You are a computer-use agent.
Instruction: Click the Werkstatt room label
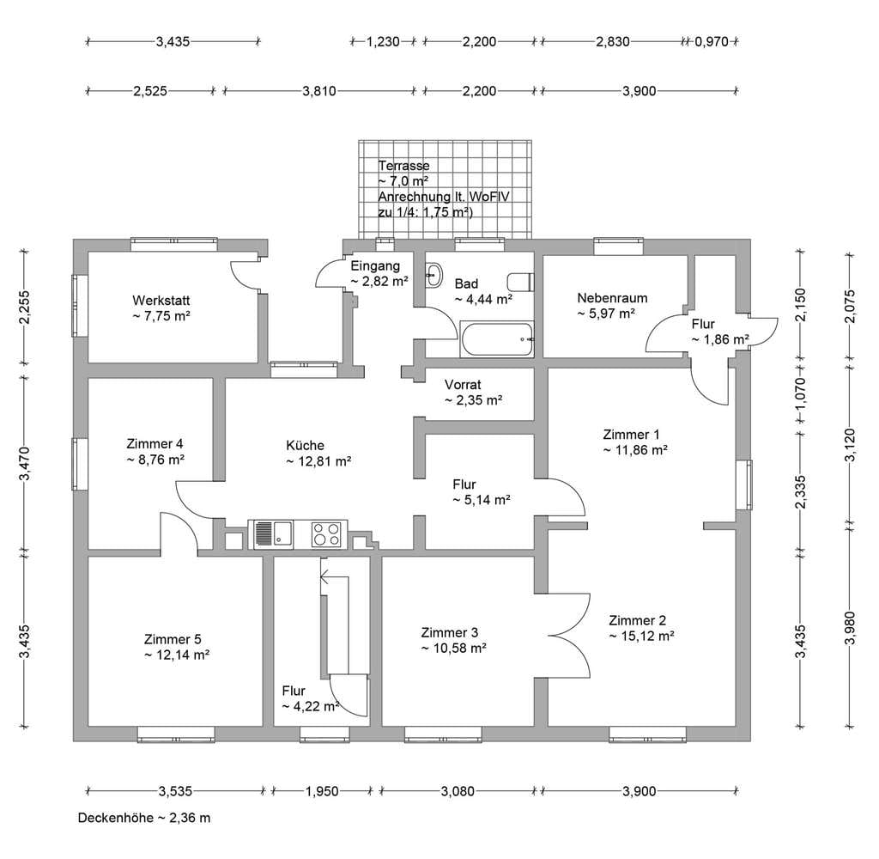pyautogui.click(x=161, y=300)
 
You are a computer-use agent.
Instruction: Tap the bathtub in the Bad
pyautogui.click(x=497, y=339)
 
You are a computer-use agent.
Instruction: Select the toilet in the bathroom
pyautogui.click(x=521, y=282)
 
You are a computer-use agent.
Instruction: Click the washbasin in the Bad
pyautogui.click(x=433, y=276)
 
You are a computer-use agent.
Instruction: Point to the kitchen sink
pyautogui.click(x=273, y=534)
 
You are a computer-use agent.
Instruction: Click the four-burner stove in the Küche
pyautogui.click(x=326, y=534)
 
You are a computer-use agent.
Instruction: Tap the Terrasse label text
pyautogui.click(x=403, y=166)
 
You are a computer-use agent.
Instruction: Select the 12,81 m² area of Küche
pyautogui.click(x=318, y=461)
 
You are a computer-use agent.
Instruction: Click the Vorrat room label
pyautogui.click(x=463, y=385)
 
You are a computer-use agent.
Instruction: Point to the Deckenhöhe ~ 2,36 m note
pyautogui.click(x=144, y=818)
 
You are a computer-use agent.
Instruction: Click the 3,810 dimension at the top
pyautogui.click(x=319, y=91)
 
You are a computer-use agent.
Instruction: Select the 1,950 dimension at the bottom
pyautogui.click(x=322, y=791)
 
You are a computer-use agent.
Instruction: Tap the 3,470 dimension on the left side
pyautogui.click(x=25, y=464)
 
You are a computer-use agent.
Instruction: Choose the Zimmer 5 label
pyautogui.click(x=173, y=639)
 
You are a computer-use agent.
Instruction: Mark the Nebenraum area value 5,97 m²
pyautogui.click(x=606, y=313)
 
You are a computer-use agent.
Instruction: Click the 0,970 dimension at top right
pyautogui.click(x=712, y=41)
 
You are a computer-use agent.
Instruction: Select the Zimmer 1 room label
pyautogui.click(x=631, y=435)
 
